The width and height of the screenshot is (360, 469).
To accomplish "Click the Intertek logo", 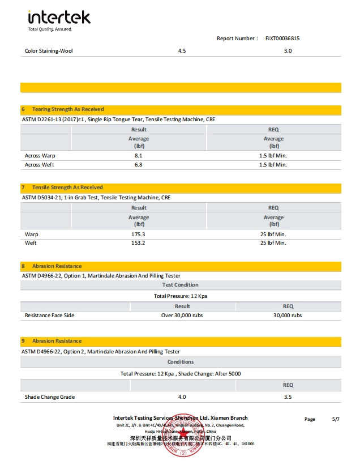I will tap(59, 18).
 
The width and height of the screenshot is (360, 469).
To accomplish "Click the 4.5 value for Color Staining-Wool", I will tap(182, 51).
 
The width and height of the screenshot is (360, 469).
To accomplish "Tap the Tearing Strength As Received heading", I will tap(68, 109).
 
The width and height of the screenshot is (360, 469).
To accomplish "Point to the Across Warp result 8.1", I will tap(138, 155).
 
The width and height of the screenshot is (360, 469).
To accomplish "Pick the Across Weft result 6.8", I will tap(138, 165).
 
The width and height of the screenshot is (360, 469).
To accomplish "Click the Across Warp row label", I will tap(40, 155).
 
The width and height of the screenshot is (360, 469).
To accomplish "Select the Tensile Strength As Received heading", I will tap(67, 187).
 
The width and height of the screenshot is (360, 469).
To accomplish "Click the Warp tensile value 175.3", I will tap(138, 234).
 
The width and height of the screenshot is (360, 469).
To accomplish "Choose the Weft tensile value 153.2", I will tap(138, 243).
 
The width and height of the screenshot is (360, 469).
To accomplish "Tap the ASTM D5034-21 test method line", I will tap(96, 198).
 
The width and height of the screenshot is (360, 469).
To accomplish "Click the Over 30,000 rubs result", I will tap(182, 315).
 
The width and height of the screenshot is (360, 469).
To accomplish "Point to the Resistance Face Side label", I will tap(49, 315).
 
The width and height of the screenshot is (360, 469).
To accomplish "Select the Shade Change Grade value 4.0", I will tap(182, 397).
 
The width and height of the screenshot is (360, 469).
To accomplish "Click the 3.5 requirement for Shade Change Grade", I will tap(288, 397).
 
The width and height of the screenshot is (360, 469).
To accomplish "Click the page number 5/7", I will tap(336, 419).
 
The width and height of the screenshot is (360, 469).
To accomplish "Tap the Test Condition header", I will tap(181, 285).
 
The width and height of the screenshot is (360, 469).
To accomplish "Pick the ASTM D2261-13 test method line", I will tap(118, 120).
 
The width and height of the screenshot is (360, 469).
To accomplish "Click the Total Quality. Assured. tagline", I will tap(50, 29).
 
